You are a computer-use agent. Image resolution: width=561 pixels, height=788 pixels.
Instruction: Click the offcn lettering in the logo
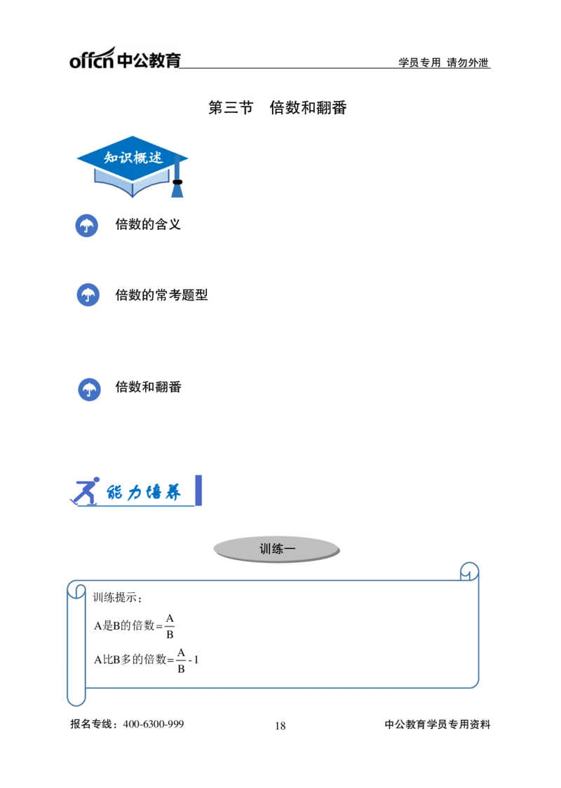point(90,60)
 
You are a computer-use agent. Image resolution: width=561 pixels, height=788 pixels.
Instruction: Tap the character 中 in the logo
point(124,60)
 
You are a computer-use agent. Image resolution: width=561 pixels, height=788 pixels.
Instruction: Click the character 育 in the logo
point(173,60)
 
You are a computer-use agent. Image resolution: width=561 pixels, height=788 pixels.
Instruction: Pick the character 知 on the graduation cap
point(111,158)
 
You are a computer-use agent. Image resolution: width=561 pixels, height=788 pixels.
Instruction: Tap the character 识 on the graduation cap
point(126,158)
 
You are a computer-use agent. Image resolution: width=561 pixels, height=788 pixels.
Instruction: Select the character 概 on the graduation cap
point(140,158)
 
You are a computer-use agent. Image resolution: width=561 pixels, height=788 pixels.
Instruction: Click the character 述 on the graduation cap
point(156,158)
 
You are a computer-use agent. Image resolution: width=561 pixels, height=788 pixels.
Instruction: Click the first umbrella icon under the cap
point(87,226)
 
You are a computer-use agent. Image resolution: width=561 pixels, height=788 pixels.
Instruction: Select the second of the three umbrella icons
point(88,295)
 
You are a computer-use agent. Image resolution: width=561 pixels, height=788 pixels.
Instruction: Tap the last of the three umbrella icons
point(88,390)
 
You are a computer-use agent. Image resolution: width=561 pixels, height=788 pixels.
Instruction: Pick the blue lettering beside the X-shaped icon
point(144,494)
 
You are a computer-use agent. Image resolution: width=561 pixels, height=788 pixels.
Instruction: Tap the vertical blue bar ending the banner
point(198,489)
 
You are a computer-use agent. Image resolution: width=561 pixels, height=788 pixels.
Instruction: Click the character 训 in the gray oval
point(265,549)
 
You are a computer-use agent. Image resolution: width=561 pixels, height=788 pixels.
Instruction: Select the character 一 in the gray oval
point(290,549)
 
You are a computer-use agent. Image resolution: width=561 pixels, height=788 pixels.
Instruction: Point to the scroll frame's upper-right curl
point(468,571)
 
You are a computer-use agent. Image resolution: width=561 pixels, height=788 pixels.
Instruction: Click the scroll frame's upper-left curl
point(77,590)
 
